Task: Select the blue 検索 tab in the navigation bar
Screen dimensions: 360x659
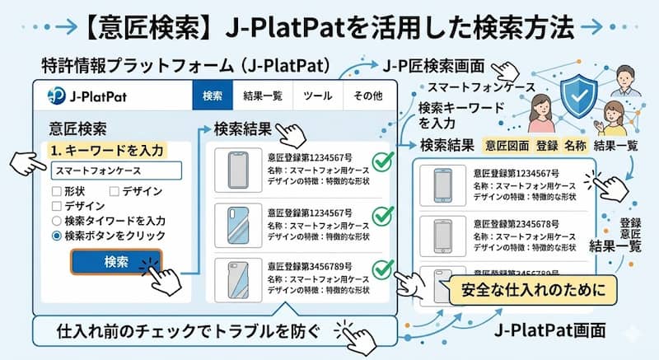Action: [213, 96]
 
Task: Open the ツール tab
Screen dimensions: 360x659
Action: [317, 96]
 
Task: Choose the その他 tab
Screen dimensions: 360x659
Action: [367, 96]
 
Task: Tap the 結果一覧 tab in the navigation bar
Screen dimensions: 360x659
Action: [263, 96]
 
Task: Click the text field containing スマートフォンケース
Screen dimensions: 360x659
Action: [115, 171]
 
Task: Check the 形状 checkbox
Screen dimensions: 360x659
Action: [56, 191]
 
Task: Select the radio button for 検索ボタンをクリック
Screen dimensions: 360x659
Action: [56, 236]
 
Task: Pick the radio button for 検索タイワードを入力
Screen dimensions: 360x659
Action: [56, 221]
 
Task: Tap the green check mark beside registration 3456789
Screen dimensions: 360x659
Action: [381, 269]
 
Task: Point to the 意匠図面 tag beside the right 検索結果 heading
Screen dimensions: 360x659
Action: [507, 145]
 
